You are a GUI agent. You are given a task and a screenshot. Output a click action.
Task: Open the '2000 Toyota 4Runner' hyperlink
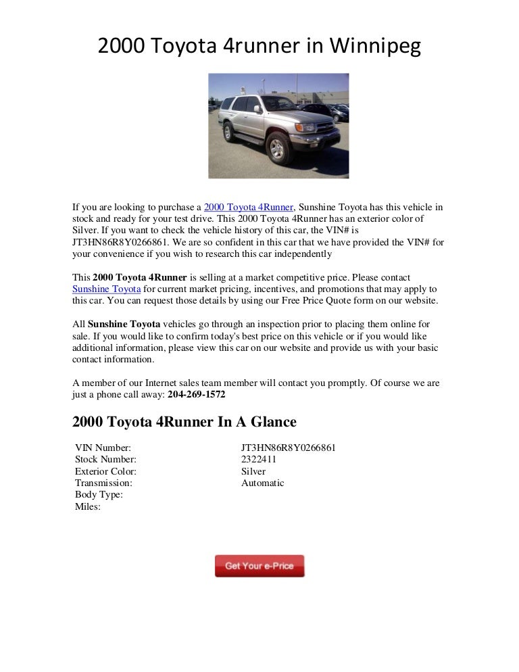click(249, 207)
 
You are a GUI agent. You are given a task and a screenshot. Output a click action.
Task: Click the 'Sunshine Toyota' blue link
click(106, 289)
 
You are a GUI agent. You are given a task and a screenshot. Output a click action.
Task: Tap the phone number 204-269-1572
click(197, 394)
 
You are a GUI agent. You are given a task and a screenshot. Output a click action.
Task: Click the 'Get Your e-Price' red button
click(259, 566)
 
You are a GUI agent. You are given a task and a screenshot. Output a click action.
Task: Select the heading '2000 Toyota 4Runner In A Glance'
click(184, 422)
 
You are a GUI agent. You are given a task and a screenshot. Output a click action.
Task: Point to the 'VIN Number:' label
click(103, 448)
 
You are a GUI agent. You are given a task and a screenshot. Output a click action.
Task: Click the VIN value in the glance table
click(289, 448)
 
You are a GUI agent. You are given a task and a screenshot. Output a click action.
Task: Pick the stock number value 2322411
click(259, 460)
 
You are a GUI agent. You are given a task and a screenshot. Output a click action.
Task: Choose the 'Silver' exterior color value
click(253, 471)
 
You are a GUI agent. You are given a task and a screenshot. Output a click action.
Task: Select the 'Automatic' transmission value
click(262, 483)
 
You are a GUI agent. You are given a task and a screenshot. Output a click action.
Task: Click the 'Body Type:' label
click(99, 495)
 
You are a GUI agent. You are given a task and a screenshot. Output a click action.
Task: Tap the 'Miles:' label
click(88, 506)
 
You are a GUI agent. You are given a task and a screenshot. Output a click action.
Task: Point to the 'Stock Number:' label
click(105, 460)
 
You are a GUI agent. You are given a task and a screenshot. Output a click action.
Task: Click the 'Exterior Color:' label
click(105, 471)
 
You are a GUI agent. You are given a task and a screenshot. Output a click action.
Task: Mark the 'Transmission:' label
click(103, 483)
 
